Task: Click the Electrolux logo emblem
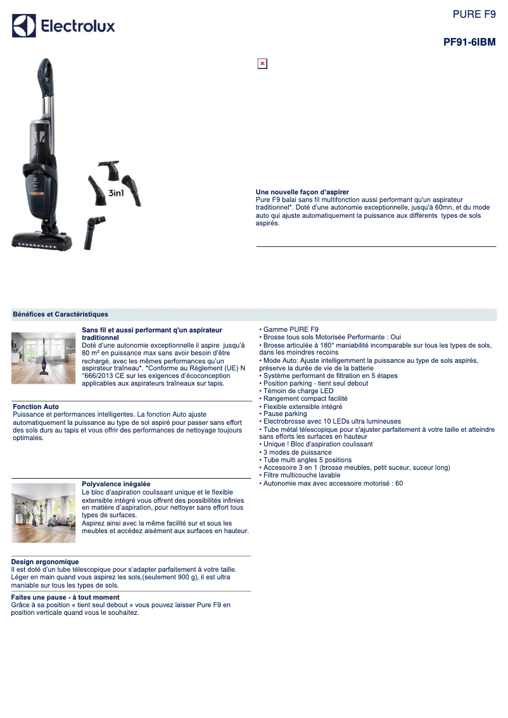point(24,25)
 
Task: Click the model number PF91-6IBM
point(469,42)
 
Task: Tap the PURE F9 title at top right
point(474,14)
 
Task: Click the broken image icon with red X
point(262,64)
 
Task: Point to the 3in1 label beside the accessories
point(116,193)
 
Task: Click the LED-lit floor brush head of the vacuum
point(42,241)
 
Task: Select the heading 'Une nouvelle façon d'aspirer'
point(302,192)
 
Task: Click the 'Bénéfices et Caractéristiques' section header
point(60,315)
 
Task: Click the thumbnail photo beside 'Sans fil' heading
point(44,358)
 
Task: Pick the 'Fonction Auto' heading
point(35,406)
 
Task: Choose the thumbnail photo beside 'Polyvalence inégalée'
point(44,513)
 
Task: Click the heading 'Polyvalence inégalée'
point(116,484)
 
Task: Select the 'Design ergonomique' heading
point(45,562)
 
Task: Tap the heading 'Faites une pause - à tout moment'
point(65,598)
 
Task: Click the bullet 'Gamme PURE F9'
point(289,330)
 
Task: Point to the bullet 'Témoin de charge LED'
point(296,391)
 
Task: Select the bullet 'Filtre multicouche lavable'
point(300,476)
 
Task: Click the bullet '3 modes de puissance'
point(295,453)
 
